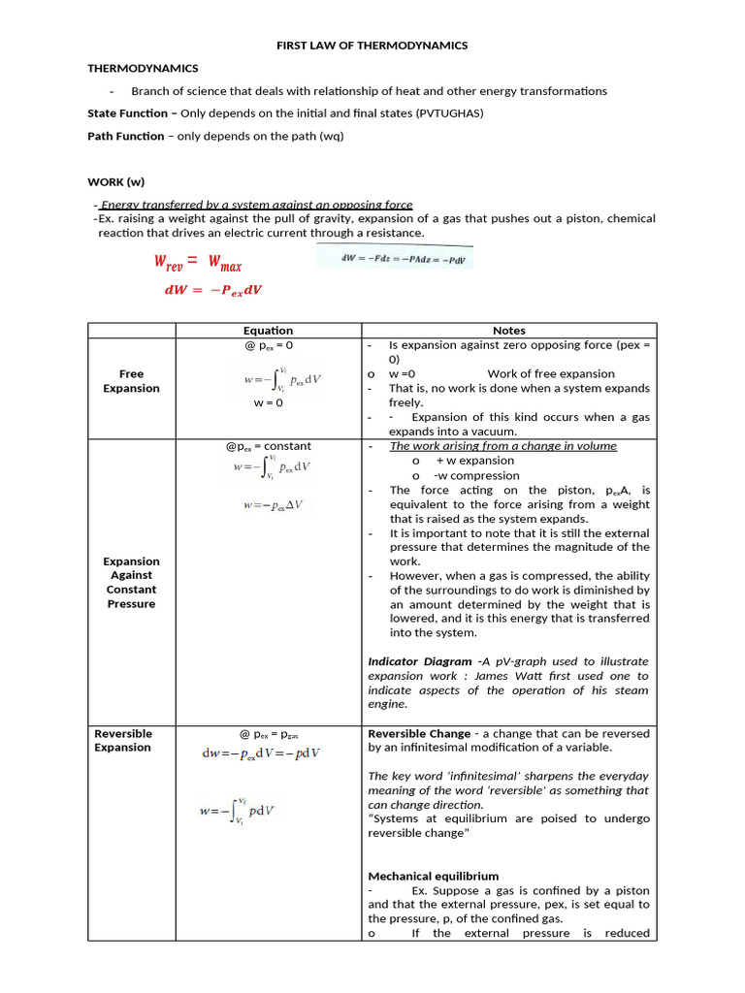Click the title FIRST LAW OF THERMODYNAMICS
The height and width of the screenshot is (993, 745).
pyautogui.click(x=372, y=46)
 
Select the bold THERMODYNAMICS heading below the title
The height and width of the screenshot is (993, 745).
pyautogui.click(x=143, y=69)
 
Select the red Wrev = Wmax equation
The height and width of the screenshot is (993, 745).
pyautogui.click(x=198, y=262)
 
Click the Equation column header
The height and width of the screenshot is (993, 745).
pyautogui.click(x=268, y=331)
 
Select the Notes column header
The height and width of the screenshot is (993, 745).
pyautogui.click(x=508, y=331)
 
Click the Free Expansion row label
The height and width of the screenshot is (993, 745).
pyautogui.click(x=131, y=381)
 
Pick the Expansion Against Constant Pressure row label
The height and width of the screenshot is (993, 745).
pyautogui.click(x=131, y=582)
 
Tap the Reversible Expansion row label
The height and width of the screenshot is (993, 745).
pyautogui.click(x=122, y=740)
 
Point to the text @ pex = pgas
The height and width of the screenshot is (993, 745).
pyautogui.click(x=269, y=734)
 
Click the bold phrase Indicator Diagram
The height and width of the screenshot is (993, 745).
pyautogui.click(x=418, y=661)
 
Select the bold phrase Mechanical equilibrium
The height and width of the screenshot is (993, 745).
pyautogui.click(x=433, y=876)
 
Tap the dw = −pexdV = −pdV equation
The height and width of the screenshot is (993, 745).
pyautogui.click(x=261, y=753)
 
